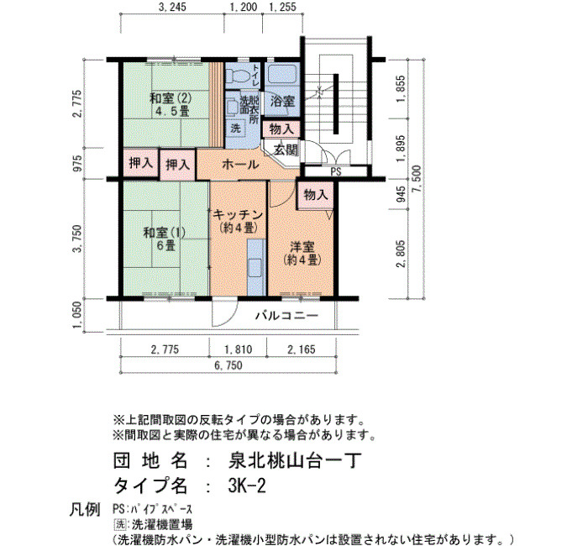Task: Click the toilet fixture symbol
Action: [x=237, y=76]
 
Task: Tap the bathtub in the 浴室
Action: [x=282, y=74]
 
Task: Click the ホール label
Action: [x=240, y=165]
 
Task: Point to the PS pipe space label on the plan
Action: [x=336, y=171]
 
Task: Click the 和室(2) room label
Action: [x=171, y=98]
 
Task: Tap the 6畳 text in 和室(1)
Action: [x=165, y=246]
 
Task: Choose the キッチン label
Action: [x=238, y=215]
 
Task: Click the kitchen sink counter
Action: [x=256, y=268]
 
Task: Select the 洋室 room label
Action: [x=302, y=247]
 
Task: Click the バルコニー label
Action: [x=287, y=315]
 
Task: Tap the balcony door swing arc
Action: [x=229, y=318]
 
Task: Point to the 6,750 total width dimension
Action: [x=228, y=365]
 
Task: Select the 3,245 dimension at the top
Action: [x=171, y=7]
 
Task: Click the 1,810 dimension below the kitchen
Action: [x=238, y=349]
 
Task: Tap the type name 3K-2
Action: [x=246, y=486]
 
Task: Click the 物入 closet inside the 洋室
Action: [x=315, y=195]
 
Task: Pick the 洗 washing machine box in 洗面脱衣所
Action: [x=235, y=129]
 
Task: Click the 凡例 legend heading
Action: [x=84, y=510]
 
